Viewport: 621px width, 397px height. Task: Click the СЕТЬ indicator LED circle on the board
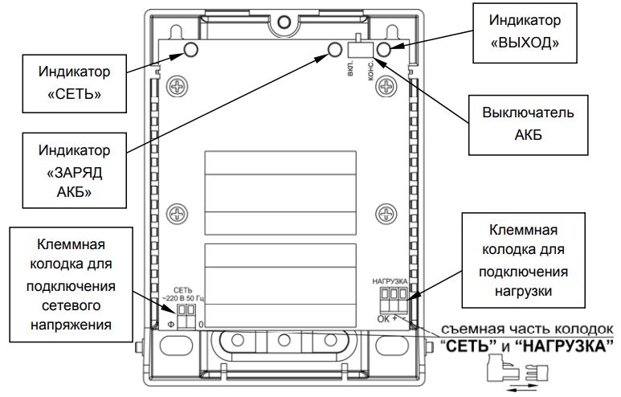[191, 51]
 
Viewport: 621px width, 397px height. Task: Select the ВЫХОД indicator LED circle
[384, 51]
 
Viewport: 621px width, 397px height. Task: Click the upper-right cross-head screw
[387, 84]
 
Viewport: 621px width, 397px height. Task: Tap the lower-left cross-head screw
[175, 214]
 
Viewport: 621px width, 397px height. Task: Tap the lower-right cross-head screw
[387, 214]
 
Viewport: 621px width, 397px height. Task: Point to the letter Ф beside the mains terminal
[170, 323]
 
